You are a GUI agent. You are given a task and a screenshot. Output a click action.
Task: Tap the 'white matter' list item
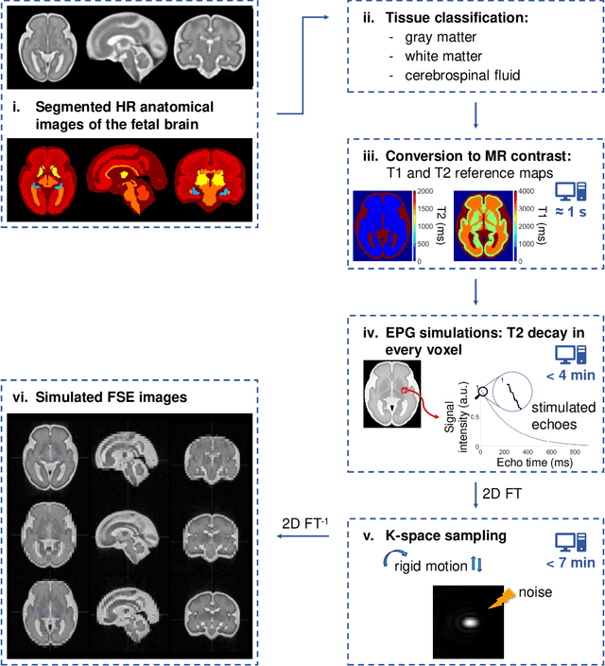point(434,56)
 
